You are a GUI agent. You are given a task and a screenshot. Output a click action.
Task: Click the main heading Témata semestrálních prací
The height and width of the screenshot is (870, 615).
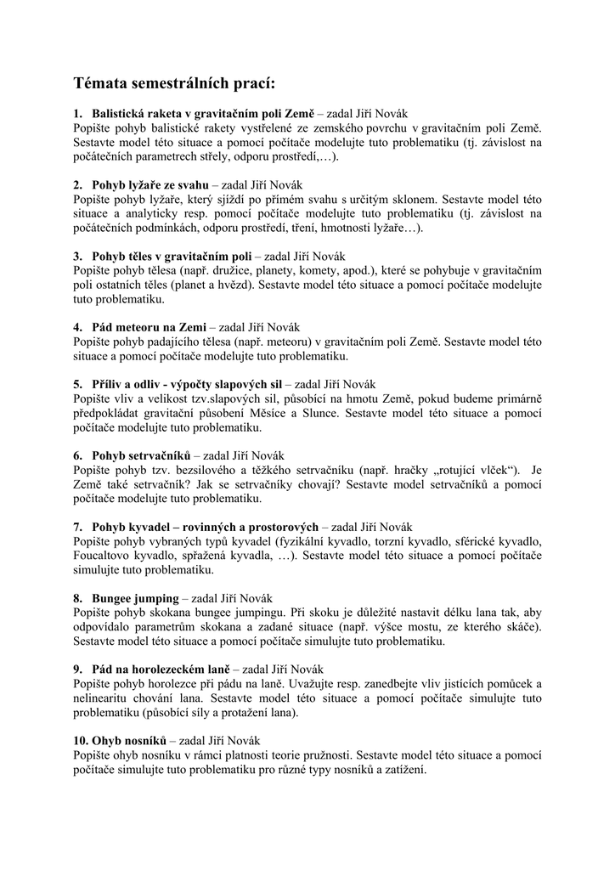(x=174, y=83)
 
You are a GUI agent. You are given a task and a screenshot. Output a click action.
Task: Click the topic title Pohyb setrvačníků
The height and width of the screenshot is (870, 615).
(x=142, y=455)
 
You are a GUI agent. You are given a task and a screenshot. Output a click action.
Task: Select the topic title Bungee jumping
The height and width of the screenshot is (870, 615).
(x=135, y=598)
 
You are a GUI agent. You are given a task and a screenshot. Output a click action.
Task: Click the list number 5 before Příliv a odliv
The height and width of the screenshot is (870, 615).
(x=77, y=384)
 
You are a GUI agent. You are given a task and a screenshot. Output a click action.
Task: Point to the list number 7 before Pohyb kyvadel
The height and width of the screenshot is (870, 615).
(x=77, y=527)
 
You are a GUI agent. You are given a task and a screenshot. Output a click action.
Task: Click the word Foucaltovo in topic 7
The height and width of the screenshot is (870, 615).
(x=104, y=556)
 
